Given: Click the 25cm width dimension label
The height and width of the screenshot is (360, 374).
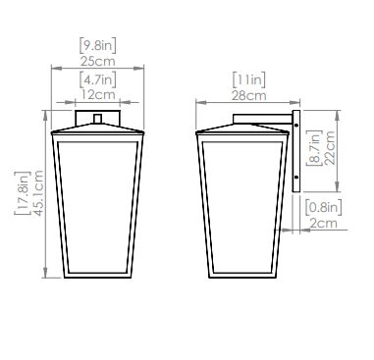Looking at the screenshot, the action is pyautogui.click(x=98, y=61).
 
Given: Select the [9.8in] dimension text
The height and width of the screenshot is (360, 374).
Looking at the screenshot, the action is pyautogui.click(x=98, y=45).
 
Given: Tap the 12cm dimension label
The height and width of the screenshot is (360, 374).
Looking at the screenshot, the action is pyautogui.click(x=98, y=95).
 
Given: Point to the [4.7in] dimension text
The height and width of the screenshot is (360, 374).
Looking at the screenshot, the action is pyautogui.click(x=98, y=79).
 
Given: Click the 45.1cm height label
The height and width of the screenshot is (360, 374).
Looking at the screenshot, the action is pyautogui.click(x=38, y=193).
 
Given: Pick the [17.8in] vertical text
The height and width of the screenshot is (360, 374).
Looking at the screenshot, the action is pyautogui.click(x=23, y=193).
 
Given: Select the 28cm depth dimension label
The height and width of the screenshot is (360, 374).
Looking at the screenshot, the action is pyautogui.click(x=249, y=96).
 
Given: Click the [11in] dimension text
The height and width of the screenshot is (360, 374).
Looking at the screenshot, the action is pyautogui.click(x=249, y=80).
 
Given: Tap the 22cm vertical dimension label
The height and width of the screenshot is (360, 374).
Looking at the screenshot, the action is pyautogui.click(x=330, y=148).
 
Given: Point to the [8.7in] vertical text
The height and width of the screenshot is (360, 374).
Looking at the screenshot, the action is pyautogui.click(x=314, y=148).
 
